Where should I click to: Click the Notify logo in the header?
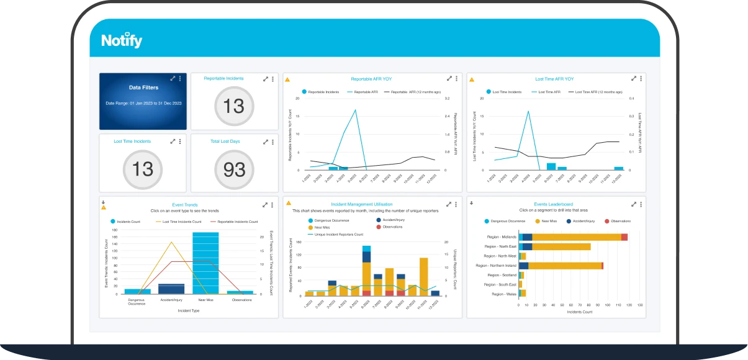point(122,41)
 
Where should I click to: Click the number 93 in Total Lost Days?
point(234,169)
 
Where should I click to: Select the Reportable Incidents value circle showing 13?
point(234,106)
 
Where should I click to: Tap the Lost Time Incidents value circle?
point(143,169)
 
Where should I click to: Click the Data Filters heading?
point(143,88)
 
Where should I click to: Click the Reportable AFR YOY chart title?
point(371,79)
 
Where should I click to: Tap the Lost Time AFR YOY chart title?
point(554,79)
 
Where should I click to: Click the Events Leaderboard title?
point(553,204)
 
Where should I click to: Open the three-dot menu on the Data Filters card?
point(180,79)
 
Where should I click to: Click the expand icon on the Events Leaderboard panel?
point(633,204)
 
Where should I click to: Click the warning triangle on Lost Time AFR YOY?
point(471,79)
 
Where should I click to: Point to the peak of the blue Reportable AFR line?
point(356,110)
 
